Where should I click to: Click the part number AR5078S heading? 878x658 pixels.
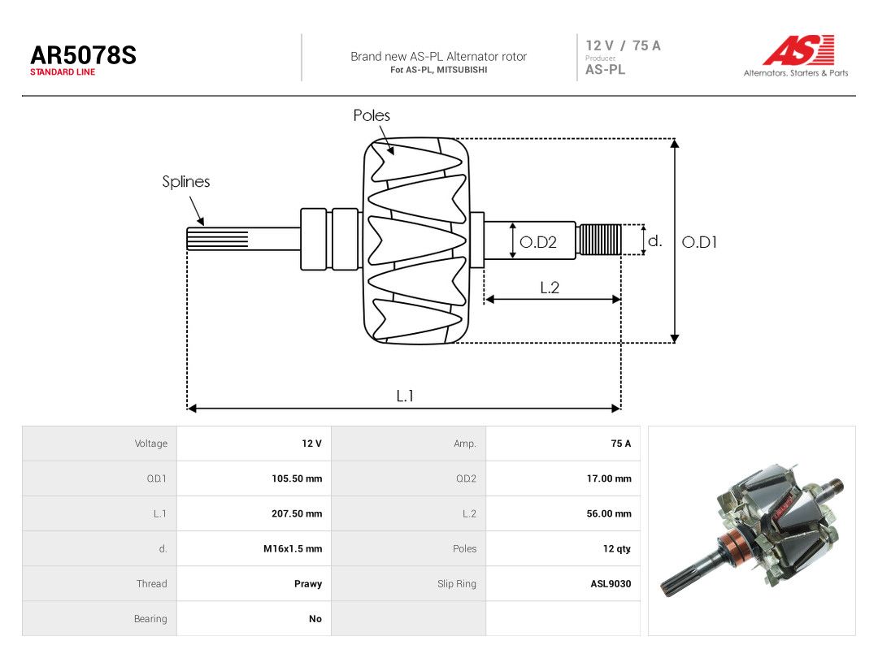[84, 55]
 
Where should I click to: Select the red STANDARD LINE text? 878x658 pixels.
[63, 72]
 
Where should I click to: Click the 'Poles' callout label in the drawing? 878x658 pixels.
[372, 115]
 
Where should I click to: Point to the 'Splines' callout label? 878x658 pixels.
[186, 181]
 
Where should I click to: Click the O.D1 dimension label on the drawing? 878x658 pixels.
[699, 242]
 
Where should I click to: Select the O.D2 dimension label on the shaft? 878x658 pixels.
[538, 242]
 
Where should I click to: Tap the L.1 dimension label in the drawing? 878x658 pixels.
[405, 396]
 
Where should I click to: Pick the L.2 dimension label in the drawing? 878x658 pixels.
[550, 288]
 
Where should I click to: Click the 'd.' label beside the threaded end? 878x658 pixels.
[654, 241]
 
